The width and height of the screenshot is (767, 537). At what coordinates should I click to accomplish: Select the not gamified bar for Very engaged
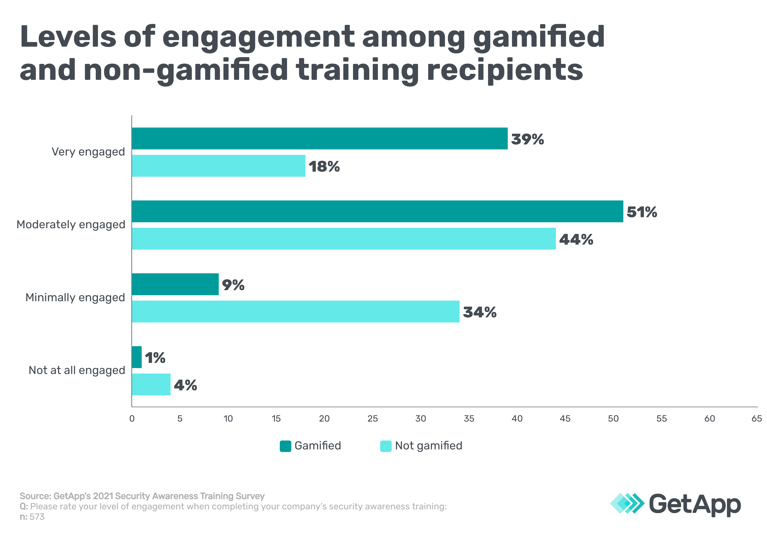pyautogui.click(x=219, y=166)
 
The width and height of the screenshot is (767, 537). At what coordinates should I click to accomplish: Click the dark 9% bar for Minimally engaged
pyautogui.click(x=175, y=284)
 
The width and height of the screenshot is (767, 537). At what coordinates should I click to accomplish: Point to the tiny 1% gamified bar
pyautogui.click(x=137, y=357)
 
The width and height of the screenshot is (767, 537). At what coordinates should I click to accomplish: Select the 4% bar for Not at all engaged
pyautogui.click(x=151, y=384)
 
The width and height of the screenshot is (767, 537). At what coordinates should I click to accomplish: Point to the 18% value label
pyautogui.click(x=324, y=166)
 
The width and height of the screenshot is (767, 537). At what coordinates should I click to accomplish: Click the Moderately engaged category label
pyautogui.click(x=71, y=224)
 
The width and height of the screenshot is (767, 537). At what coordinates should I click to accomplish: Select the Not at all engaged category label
pyautogui.click(x=77, y=370)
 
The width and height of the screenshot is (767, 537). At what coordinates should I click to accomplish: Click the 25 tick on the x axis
pyautogui.click(x=372, y=418)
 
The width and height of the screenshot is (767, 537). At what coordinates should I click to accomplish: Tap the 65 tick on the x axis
pyautogui.click(x=756, y=418)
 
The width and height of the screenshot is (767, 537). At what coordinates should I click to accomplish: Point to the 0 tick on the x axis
pyautogui.click(x=132, y=418)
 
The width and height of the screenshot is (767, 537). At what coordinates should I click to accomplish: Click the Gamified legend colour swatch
pyautogui.click(x=285, y=446)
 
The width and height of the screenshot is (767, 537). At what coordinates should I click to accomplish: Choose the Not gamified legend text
pyautogui.click(x=429, y=446)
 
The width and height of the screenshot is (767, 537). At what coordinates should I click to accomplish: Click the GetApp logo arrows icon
pyautogui.click(x=627, y=503)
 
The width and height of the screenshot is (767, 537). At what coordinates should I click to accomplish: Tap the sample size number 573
pyautogui.click(x=37, y=517)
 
